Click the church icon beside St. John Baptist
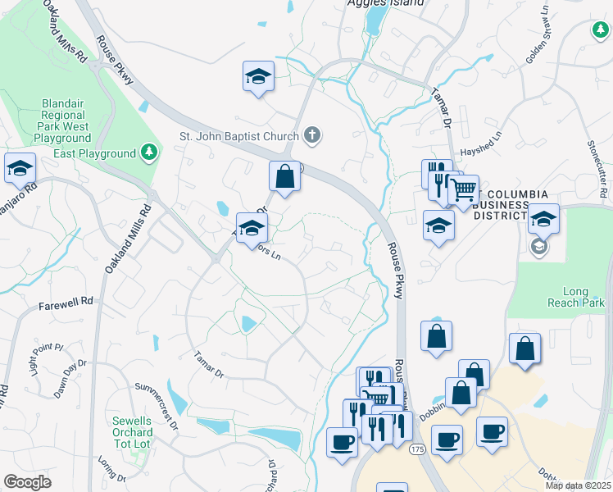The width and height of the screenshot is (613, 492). coord(311,134)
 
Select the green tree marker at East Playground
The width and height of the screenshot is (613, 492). coord(148,153)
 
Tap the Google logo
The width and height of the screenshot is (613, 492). coord(28,481)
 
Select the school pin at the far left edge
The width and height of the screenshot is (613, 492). coord(20,169)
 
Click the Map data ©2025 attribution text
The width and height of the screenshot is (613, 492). coord(577,485)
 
